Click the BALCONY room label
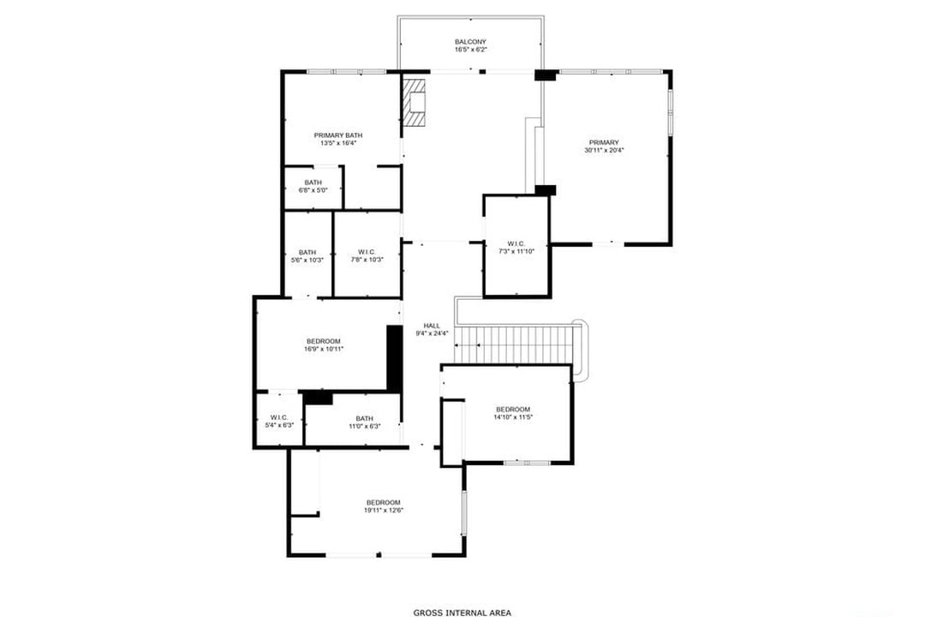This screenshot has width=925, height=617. (470, 42)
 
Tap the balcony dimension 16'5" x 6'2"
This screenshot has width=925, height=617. (470, 51)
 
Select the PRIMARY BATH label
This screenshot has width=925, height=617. (338, 135)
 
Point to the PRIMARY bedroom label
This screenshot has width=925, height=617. (603, 142)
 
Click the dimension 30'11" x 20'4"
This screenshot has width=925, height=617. (603, 151)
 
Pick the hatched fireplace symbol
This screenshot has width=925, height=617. (415, 103)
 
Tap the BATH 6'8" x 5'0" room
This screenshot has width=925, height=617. (313, 186)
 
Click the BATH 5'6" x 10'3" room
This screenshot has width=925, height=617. (307, 255)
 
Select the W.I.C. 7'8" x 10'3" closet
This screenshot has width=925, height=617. (367, 255)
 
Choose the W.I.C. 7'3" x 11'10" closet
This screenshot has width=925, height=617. (516, 248)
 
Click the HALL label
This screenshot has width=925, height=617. (432, 326)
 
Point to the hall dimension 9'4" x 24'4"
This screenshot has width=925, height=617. (432, 334)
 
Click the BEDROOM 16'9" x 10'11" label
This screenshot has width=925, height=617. (323, 341)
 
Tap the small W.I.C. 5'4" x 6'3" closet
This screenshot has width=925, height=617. (278, 421)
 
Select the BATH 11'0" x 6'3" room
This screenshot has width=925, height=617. (364, 422)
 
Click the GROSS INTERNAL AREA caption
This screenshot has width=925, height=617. (462, 613)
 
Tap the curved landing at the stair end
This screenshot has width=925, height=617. (582, 351)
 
